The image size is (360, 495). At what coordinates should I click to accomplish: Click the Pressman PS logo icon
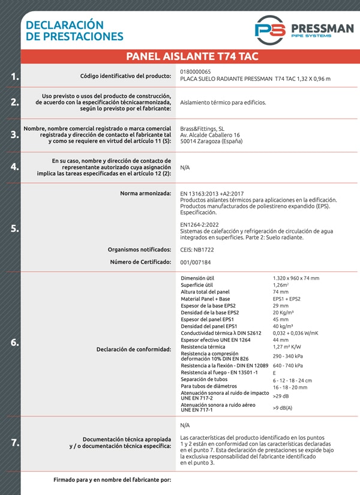(x=269, y=30)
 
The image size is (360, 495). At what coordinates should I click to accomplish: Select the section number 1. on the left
(x=14, y=77)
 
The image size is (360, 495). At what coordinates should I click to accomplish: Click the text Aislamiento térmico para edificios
(x=223, y=103)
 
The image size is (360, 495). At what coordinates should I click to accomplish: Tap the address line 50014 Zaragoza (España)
(x=211, y=143)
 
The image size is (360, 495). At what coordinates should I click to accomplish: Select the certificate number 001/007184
(x=196, y=262)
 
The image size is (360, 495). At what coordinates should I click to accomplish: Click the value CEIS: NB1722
(x=197, y=249)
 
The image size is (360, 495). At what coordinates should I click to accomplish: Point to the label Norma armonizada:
(x=145, y=193)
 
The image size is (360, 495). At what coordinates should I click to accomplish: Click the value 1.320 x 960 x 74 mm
(x=296, y=278)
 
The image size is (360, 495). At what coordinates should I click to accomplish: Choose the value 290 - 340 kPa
(x=288, y=356)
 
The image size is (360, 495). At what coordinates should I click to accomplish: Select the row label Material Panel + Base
(x=205, y=299)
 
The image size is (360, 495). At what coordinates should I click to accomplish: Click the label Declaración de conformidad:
(x=134, y=349)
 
